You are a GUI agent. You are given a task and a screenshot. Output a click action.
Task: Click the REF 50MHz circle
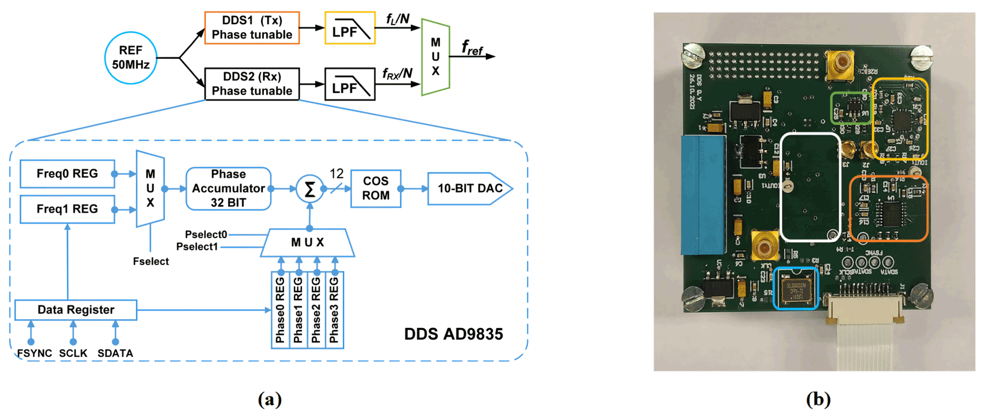pos(131,58)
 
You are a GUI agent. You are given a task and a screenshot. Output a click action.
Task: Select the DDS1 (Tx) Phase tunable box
pos(252,28)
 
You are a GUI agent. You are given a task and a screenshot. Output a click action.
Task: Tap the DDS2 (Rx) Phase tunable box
pos(252,84)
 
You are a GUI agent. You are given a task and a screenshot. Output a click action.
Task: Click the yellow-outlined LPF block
pos(350,29)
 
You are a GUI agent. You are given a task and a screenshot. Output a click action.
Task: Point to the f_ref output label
pos(472,48)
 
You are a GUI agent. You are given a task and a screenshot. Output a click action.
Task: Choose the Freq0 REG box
pos(67,174)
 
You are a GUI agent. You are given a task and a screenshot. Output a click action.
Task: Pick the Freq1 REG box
pos(67,209)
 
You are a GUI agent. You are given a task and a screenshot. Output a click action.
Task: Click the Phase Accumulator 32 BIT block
pos(228,189)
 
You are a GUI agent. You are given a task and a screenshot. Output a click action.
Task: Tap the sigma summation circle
pos(309,189)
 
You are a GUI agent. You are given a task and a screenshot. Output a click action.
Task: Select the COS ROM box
pos(376,189)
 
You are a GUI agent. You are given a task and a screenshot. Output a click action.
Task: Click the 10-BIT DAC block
pos(469,189)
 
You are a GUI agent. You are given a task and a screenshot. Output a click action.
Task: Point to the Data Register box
pos(76,310)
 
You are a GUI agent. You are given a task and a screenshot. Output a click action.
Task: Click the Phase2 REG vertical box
pos(316,310)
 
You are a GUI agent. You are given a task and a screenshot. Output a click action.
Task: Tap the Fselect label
pos(151,261)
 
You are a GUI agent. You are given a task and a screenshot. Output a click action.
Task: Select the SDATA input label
pos(115,353)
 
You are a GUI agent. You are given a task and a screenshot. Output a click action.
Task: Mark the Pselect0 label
pos(206,234)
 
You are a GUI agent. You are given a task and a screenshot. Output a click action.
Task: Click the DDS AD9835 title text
pos(453,334)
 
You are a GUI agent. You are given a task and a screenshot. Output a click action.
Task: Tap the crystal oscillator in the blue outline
pos(794,289)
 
